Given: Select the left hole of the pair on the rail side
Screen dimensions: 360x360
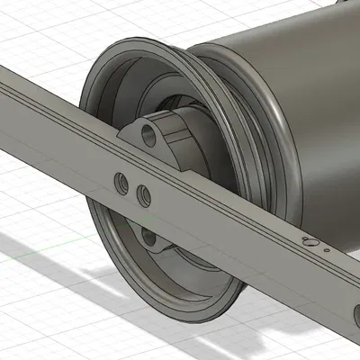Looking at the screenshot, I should (121, 183).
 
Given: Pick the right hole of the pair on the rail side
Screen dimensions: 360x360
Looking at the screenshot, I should (142, 193).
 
